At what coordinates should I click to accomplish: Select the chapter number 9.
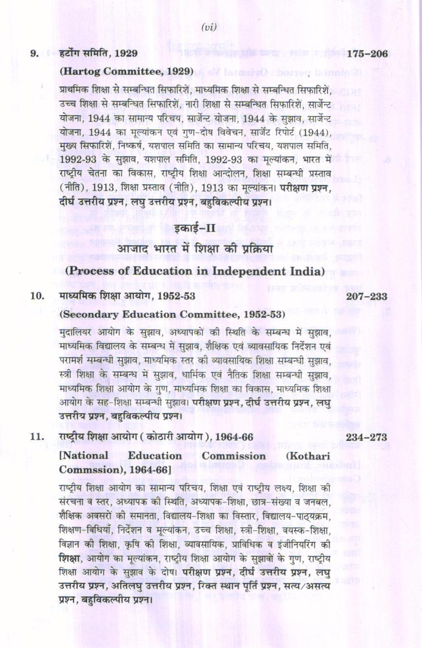click(35, 53)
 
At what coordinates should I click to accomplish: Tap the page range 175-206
click(368, 53)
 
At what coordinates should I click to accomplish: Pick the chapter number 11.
click(36, 437)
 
